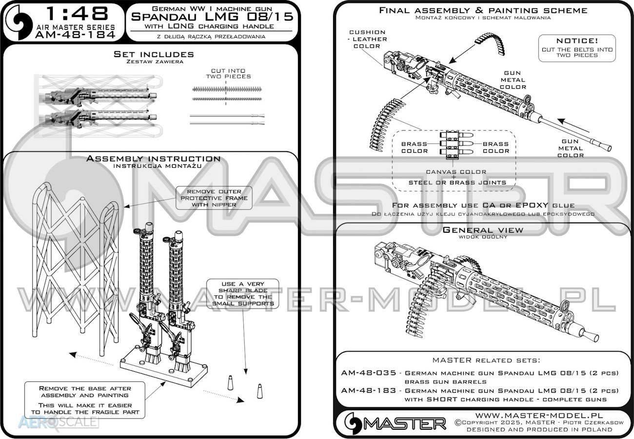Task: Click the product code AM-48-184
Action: (75, 35)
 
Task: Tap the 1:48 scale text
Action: (77, 14)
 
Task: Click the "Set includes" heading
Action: (154, 54)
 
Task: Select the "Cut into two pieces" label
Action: (228, 74)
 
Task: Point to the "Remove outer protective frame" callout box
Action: (214, 198)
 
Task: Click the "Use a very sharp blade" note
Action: (243, 294)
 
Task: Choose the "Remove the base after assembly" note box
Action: (85, 400)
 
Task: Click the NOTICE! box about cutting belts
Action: (577, 48)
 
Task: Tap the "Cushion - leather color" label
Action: (367, 39)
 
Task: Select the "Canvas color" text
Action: (456, 172)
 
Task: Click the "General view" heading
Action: (483, 230)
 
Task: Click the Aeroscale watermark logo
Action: (58, 422)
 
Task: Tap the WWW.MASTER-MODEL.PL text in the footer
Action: (539, 416)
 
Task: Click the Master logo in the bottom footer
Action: (395, 423)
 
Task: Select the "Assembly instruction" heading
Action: (154, 159)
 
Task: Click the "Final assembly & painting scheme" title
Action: (483, 10)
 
